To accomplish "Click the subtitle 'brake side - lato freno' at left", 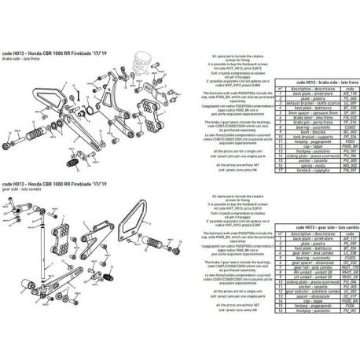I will point(18,59).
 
